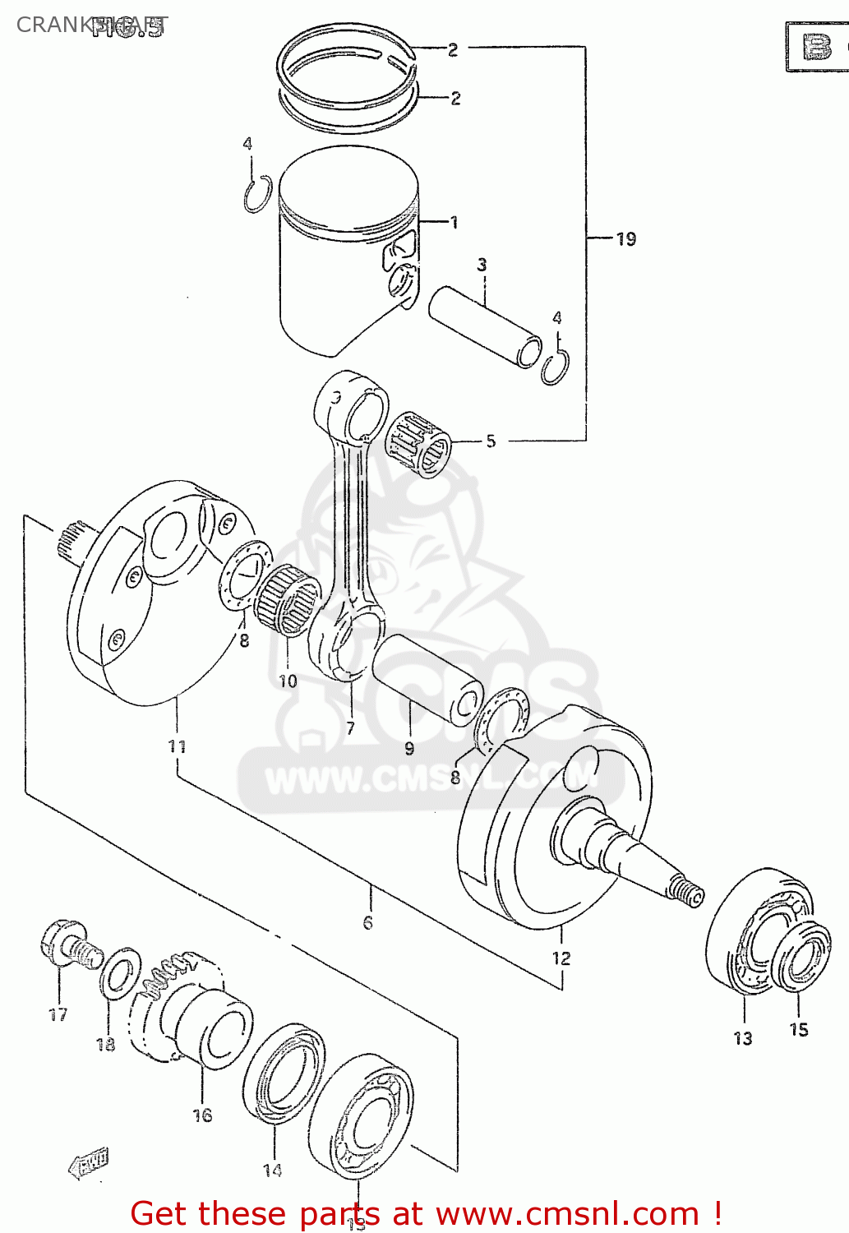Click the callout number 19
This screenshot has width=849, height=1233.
click(x=626, y=239)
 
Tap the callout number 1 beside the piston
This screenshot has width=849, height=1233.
click(x=453, y=222)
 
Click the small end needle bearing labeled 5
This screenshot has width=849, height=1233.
click(x=418, y=445)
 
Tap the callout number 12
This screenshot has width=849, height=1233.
click(x=561, y=958)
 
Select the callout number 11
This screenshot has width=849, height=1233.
click(x=177, y=746)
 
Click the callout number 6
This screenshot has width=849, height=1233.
click(x=367, y=922)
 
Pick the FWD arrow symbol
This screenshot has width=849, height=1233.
click(x=87, y=1163)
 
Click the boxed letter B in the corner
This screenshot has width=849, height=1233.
click(x=816, y=48)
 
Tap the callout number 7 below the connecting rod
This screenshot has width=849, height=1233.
click(x=351, y=728)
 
